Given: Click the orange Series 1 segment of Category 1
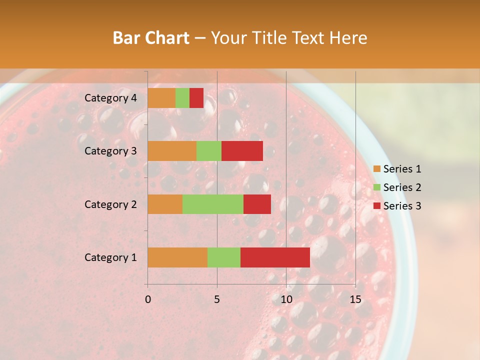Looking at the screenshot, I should click(x=177, y=257).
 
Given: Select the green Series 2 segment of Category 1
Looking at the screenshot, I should click(x=224, y=257).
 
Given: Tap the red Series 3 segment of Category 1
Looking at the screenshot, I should click(x=275, y=257).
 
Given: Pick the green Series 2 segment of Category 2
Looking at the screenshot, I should click(x=213, y=204).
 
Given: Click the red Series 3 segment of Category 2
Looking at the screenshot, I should click(x=257, y=204).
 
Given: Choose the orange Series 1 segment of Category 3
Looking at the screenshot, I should click(x=172, y=151).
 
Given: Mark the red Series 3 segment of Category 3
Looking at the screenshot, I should click(x=242, y=151).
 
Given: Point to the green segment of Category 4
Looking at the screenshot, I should click(x=182, y=98).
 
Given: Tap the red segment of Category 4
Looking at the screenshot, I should click(x=196, y=98).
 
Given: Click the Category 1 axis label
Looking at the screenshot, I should click(x=110, y=257).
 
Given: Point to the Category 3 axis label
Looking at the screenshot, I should click(x=110, y=151).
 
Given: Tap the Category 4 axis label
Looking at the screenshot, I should click(x=110, y=98).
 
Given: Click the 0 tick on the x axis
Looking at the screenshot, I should click(x=148, y=299).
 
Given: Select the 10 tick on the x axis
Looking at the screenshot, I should click(x=286, y=299).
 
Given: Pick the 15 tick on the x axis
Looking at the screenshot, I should click(x=355, y=299).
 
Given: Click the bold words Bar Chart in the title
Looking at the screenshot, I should click(x=151, y=38).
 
